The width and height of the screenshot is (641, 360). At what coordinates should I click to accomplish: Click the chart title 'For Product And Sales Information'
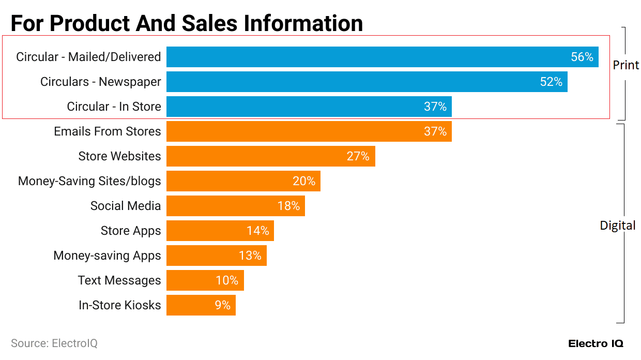click(187, 23)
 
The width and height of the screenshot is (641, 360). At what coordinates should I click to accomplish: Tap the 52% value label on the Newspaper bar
click(551, 82)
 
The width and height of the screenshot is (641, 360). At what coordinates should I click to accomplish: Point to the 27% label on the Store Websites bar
click(358, 156)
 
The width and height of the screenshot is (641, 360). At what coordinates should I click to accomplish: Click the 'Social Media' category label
click(126, 206)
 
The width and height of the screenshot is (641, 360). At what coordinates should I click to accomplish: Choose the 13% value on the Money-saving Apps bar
click(250, 256)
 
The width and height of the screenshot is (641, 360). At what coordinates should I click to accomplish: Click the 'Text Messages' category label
click(119, 280)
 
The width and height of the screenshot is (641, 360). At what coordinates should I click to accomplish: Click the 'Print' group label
click(626, 65)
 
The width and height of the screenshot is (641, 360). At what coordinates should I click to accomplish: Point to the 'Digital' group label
click(617, 226)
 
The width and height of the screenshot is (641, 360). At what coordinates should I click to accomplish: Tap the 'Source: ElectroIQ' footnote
click(54, 343)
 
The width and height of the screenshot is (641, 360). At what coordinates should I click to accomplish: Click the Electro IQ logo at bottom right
click(596, 343)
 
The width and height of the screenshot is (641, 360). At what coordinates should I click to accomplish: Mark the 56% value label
click(582, 57)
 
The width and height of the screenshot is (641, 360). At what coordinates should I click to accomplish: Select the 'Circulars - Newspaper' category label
click(101, 82)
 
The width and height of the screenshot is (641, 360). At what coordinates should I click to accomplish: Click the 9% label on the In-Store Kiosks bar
click(223, 305)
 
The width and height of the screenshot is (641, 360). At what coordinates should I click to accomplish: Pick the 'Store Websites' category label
click(119, 156)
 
